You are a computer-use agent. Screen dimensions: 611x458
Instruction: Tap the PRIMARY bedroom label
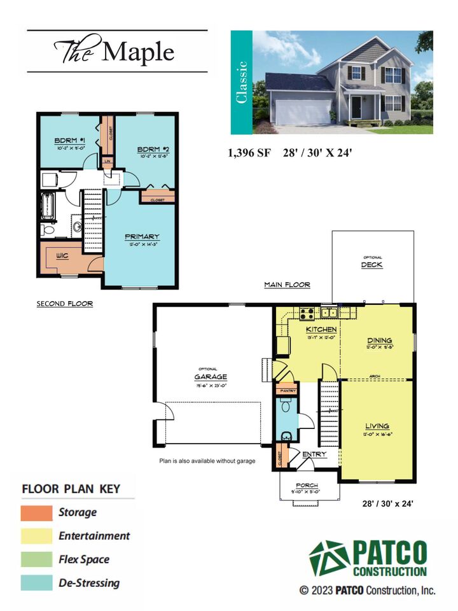[x=141, y=237]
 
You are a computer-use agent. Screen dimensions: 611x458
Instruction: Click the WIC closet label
[x=62, y=256]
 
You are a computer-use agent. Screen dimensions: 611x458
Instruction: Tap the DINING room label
[x=378, y=341]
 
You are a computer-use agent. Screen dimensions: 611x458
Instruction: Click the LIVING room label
[x=377, y=426]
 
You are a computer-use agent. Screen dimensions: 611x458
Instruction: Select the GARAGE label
[x=210, y=377]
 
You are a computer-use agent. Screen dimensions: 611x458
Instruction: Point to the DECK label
[x=372, y=265]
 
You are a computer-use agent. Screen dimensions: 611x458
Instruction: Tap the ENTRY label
[x=314, y=454]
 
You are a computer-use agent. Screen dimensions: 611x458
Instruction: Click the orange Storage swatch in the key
[x=36, y=512]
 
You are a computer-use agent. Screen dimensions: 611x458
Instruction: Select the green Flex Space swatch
[x=36, y=559]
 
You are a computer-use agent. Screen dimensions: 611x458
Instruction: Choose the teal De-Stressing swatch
[x=36, y=582]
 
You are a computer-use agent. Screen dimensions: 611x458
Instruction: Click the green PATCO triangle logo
[x=329, y=558]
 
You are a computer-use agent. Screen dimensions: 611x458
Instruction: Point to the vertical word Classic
[x=241, y=82]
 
